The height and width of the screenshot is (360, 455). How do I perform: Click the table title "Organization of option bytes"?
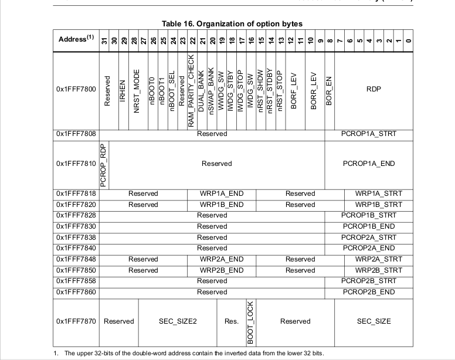coord(232,24)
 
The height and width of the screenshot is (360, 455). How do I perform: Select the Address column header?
coord(76,39)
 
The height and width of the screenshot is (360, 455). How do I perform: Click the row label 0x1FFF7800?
coord(76,90)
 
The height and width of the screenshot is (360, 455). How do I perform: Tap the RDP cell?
coord(373,90)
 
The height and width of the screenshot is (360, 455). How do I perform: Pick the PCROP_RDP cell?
coord(104,165)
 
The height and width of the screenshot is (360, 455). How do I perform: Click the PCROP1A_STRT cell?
coord(369,134)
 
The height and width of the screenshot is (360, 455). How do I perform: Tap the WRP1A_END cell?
coord(222,193)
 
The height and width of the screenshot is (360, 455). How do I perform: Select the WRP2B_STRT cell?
coord(379,270)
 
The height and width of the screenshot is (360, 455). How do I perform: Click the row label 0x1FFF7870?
coord(76,321)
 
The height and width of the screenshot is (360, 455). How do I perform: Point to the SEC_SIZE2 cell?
coord(178,321)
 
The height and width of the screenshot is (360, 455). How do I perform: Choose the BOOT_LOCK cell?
coord(250,322)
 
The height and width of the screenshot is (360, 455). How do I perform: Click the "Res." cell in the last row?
coord(231,321)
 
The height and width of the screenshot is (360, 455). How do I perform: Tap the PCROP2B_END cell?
coord(369,292)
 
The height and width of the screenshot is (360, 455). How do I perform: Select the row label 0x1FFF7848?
coord(76,259)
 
